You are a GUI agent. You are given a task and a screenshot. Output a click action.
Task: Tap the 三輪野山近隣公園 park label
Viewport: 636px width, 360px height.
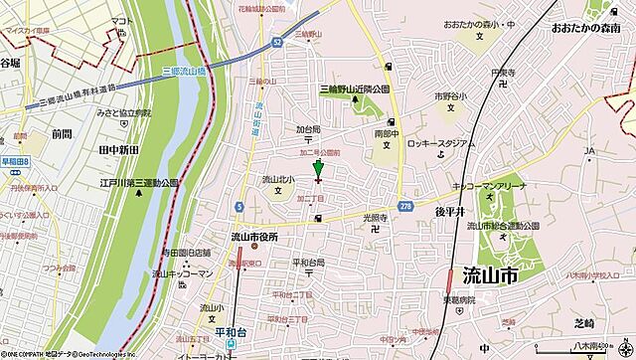pyautogui.click(x=357, y=90)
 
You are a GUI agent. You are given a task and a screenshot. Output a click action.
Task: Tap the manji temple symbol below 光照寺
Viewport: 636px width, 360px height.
pyautogui.click(x=373, y=228)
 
